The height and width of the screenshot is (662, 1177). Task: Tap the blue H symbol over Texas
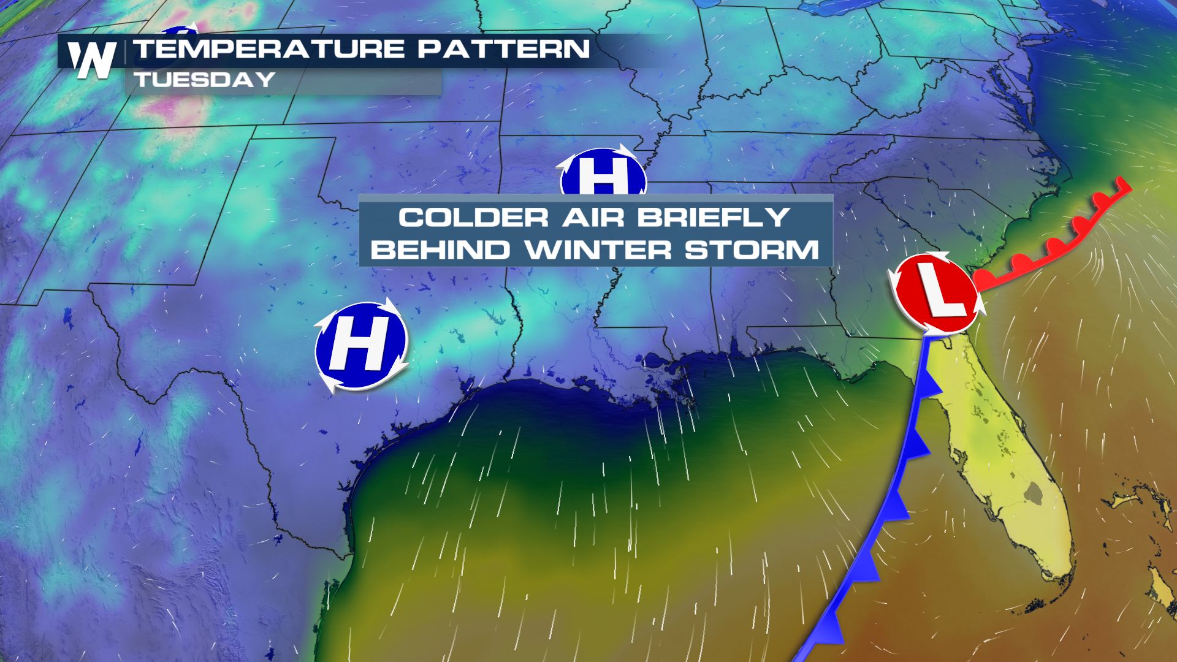click(x=361, y=346)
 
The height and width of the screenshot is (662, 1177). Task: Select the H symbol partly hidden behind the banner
click(x=603, y=175)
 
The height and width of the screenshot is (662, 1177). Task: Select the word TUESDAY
click(x=204, y=80)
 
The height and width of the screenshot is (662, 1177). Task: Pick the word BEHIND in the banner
click(x=440, y=250)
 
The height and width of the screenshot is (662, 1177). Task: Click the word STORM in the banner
click(x=751, y=250)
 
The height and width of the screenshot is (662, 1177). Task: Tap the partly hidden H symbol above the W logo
click(x=178, y=31)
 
